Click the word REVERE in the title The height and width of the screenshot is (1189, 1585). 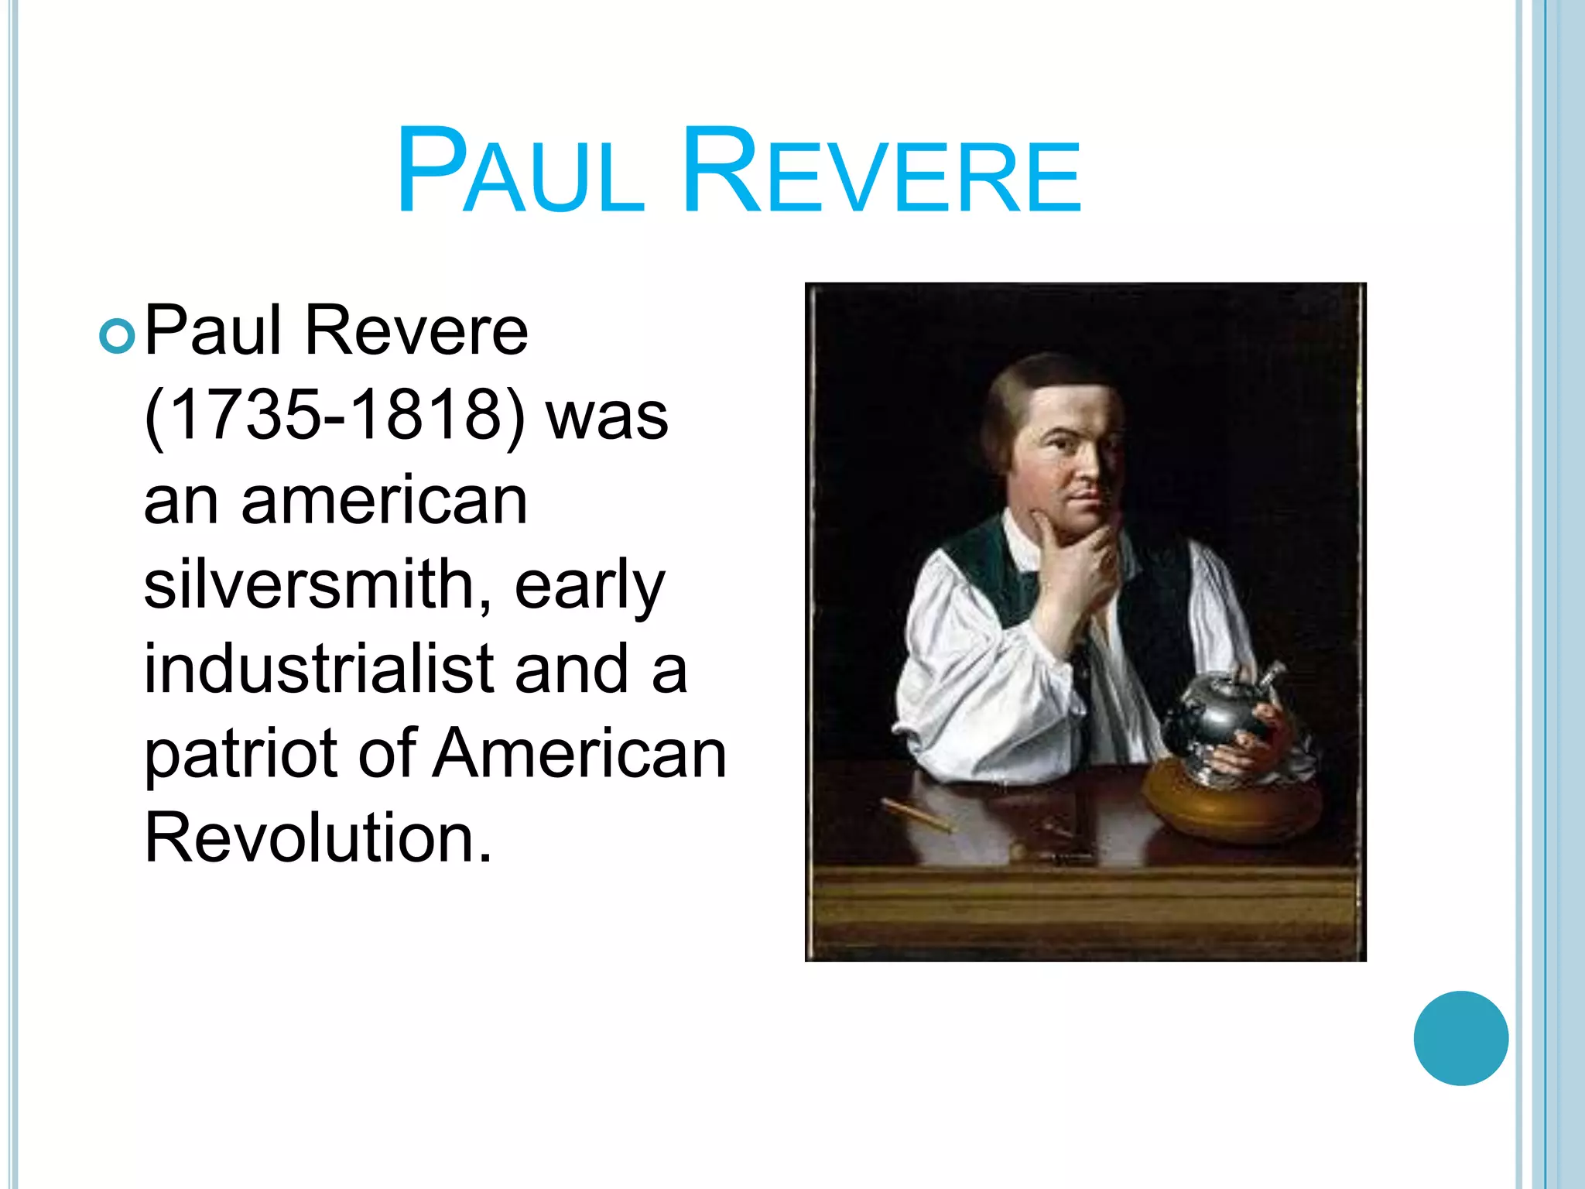pyautogui.click(x=881, y=172)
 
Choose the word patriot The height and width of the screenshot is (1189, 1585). pyautogui.click(x=240, y=754)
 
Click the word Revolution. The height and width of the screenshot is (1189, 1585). pyautogui.click(x=317, y=838)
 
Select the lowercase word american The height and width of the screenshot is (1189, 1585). pyautogui.click(x=385, y=501)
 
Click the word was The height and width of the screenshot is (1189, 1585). pyautogui.click(x=607, y=416)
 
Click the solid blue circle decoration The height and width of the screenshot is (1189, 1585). pyautogui.click(x=1460, y=1038)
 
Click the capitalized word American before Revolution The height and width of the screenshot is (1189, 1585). pyautogui.click(x=579, y=754)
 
